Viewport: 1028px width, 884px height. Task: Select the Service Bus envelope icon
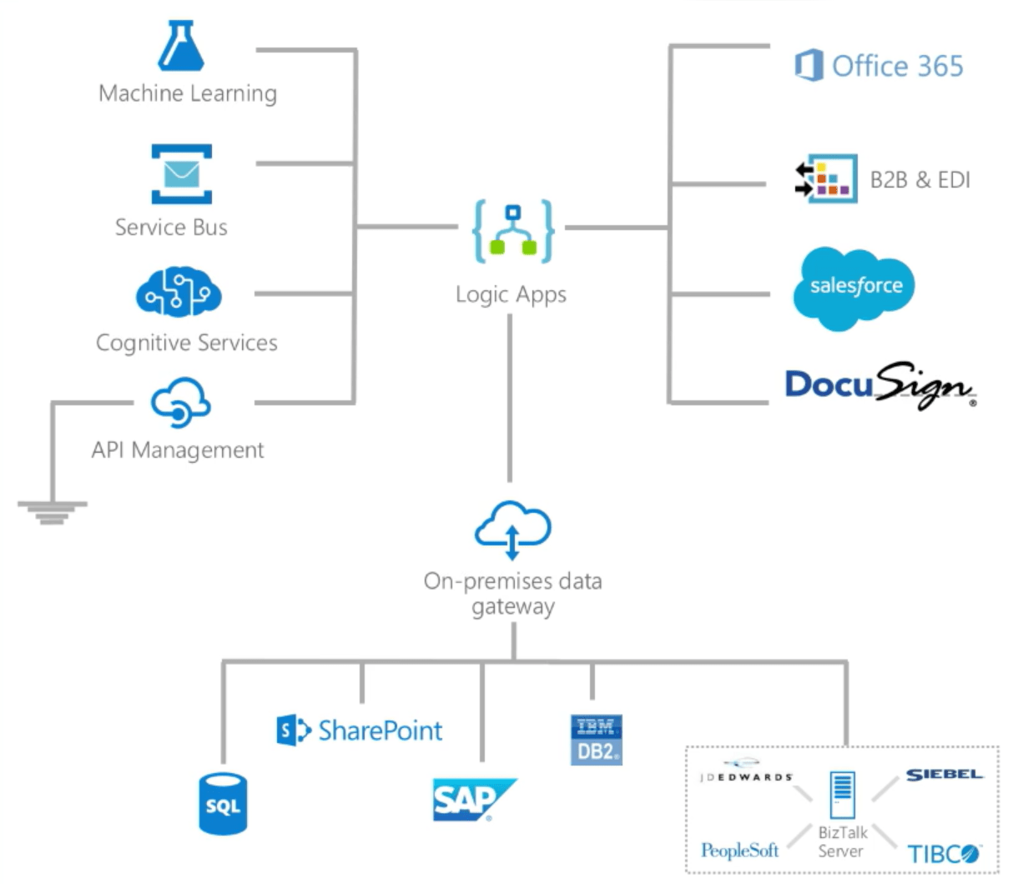(x=181, y=174)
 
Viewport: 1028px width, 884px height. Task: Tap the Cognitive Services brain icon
(x=179, y=292)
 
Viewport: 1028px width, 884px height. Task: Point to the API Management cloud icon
(x=180, y=403)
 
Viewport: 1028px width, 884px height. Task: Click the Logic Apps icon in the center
(x=512, y=231)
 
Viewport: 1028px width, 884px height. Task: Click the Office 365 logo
(x=879, y=66)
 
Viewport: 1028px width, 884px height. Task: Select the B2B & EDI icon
(x=826, y=178)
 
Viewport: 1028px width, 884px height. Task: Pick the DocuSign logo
(x=879, y=386)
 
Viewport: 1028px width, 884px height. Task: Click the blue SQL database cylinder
(x=223, y=804)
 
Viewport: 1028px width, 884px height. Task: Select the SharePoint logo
(x=359, y=731)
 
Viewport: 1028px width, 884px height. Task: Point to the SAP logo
(x=472, y=801)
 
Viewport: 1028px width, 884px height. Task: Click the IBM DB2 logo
(x=597, y=740)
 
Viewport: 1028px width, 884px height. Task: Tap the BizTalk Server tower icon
(x=842, y=795)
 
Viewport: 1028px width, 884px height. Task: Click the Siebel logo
(x=945, y=775)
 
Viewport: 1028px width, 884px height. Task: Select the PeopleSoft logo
(x=739, y=851)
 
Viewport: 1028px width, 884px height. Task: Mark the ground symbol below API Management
(x=52, y=512)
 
